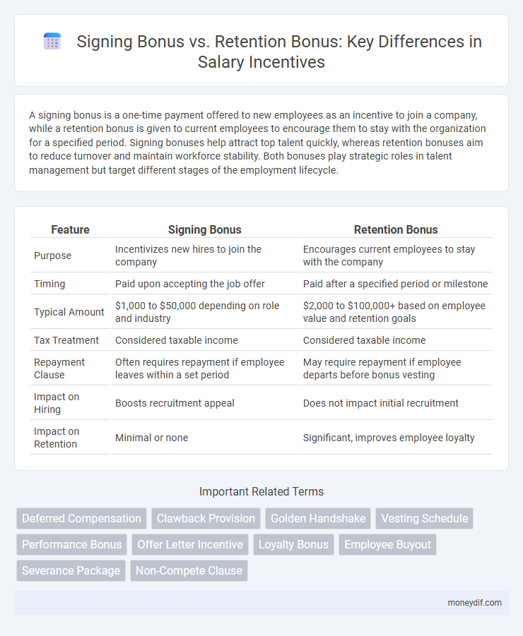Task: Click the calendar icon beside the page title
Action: (x=52, y=42)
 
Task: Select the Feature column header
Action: (x=71, y=229)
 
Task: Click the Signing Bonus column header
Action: (x=205, y=229)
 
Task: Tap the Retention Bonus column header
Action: (x=395, y=229)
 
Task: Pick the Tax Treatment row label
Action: (x=66, y=340)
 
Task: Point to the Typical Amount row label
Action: (x=69, y=311)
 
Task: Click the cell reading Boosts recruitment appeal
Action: (x=175, y=403)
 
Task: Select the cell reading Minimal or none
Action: (x=152, y=438)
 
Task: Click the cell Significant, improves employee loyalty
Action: (x=388, y=438)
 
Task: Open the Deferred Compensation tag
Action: (x=81, y=518)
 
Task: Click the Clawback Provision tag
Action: (x=206, y=518)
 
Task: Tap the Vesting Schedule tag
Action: (x=424, y=518)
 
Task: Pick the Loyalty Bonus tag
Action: (x=293, y=544)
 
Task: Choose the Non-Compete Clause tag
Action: (x=189, y=570)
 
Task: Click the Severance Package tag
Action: (x=71, y=570)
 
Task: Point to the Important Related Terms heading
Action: (x=261, y=491)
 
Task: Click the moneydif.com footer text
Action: (x=475, y=602)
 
